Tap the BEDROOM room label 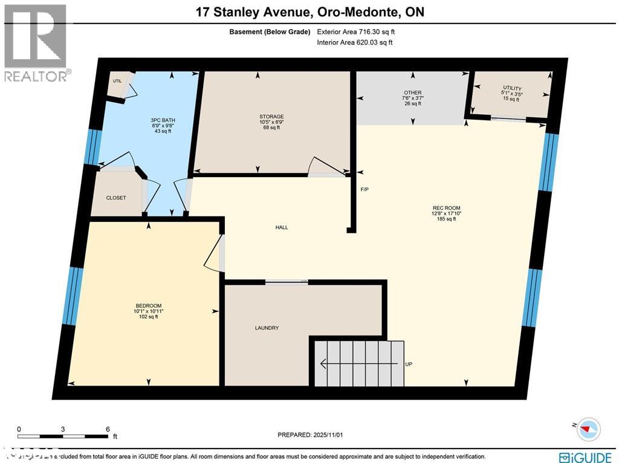tap(148, 306)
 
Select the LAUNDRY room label tap(267, 328)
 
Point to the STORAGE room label tap(271, 117)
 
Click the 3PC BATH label tap(163, 120)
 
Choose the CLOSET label tap(116, 198)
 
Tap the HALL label tap(282, 228)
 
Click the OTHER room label tap(412, 93)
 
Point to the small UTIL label tap(117, 81)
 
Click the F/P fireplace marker tap(365, 190)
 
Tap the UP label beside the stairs tap(409, 364)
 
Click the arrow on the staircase tap(339, 364)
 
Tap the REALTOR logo tap(36, 42)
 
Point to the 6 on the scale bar tap(108, 429)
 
